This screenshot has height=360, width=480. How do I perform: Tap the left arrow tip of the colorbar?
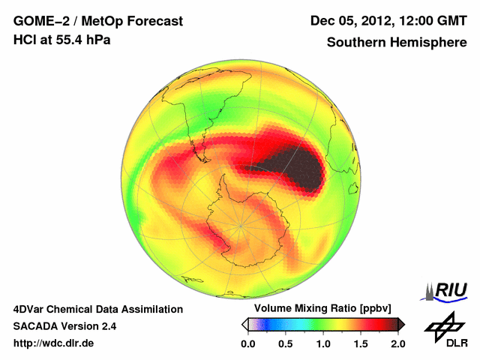coord(244,324)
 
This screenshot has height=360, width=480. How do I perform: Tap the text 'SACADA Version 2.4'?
coord(64,326)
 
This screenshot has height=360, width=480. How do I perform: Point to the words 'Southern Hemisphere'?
coord(397,43)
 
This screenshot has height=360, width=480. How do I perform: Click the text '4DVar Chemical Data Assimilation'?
coord(98,309)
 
